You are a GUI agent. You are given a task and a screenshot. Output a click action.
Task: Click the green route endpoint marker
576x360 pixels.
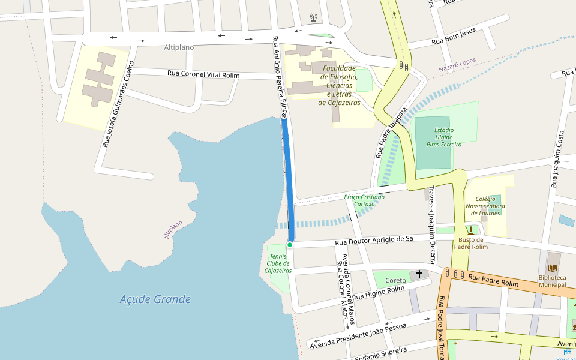[x=290, y=245]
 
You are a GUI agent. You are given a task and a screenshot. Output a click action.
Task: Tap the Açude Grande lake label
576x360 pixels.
[x=155, y=299]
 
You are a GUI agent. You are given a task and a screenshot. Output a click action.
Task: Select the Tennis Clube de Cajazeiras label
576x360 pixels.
[x=278, y=263]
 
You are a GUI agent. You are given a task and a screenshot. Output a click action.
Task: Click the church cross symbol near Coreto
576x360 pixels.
[x=419, y=274]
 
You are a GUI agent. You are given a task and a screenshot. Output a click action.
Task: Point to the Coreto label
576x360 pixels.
[x=395, y=280]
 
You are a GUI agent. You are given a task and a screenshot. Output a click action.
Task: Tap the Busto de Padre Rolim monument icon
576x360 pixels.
[x=471, y=230]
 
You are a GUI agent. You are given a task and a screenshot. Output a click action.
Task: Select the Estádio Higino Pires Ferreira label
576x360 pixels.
[x=444, y=137]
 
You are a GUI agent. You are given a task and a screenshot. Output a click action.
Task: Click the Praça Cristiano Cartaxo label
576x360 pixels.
[x=364, y=200]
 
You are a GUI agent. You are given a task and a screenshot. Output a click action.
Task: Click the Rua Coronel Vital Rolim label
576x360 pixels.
[x=203, y=74]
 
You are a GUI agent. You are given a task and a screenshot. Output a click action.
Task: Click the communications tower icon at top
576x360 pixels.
[x=313, y=17]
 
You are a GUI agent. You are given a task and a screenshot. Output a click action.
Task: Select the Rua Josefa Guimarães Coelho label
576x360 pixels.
[x=118, y=103]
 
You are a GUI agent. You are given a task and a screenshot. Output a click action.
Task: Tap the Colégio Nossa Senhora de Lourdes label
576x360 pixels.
[x=485, y=206]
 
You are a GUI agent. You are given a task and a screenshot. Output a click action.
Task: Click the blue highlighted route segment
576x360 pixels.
[x=290, y=180]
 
